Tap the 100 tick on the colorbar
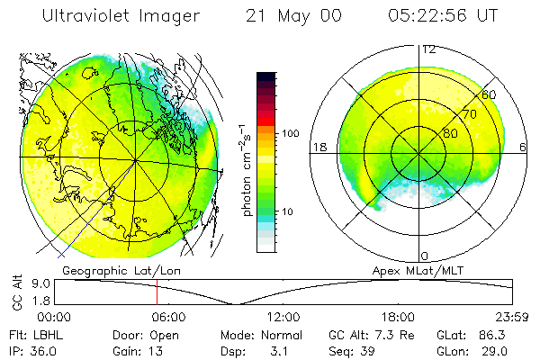pos(291,133)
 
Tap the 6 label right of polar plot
pos(524,147)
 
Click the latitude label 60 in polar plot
pos(489,94)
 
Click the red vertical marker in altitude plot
pos(157,292)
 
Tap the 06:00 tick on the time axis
pos(168,318)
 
